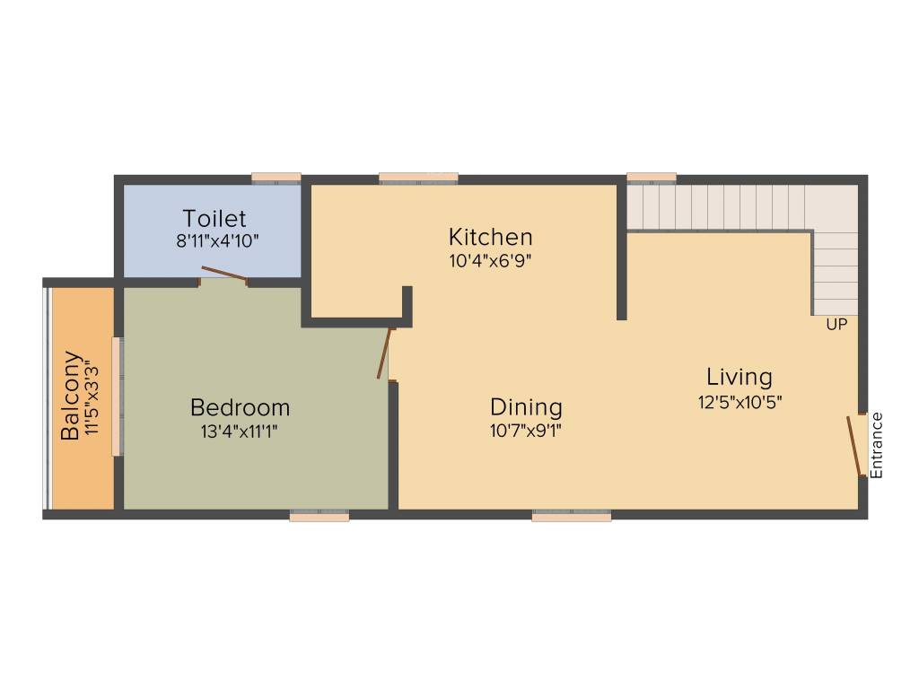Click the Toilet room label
(214, 218)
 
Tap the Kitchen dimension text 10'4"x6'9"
(490, 261)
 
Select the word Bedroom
(240, 408)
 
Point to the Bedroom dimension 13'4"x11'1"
(240, 432)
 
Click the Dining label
(526, 407)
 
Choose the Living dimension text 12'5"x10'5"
(740, 402)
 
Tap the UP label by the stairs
(836, 325)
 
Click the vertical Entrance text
(877, 445)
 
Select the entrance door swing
(855, 445)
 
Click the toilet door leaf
(224, 275)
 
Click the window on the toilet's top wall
(276, 177)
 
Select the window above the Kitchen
(418, 178)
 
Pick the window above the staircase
(651, 177)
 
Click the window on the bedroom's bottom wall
(319, 516)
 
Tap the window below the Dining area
(572, 516)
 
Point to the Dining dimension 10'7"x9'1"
(526, 430)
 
